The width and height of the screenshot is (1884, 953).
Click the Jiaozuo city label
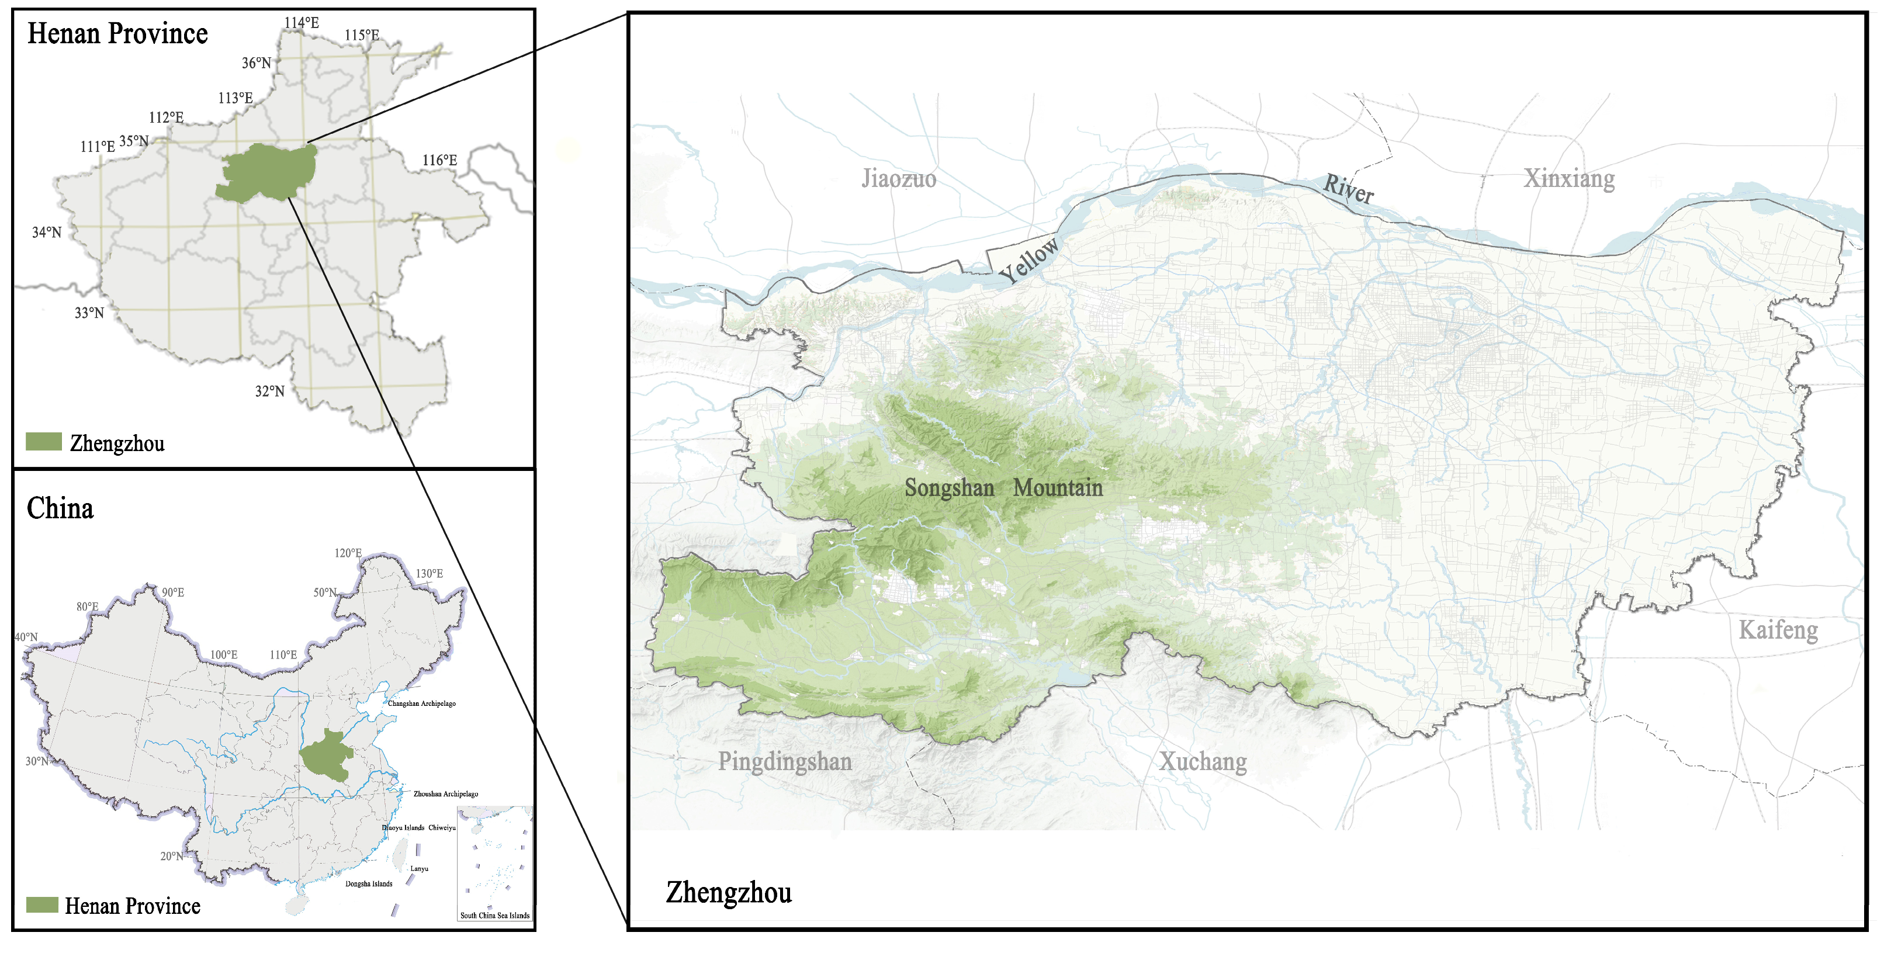point(898,178)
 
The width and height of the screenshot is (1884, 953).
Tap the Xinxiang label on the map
point(1569,178)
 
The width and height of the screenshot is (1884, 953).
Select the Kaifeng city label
point(1778,630)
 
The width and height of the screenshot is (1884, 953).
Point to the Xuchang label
point(1203,761)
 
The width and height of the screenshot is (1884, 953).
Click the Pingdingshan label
point(785,761)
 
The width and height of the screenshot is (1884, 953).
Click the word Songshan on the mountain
point(948,488)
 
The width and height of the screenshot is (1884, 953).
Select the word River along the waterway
point(1348,189)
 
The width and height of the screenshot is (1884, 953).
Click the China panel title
point(60,508)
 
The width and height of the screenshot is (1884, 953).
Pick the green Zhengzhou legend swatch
point(44,442)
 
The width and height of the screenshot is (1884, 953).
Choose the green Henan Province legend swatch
point(43,905)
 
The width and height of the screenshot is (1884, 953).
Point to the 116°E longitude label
point(439,160)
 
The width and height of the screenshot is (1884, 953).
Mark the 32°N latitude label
point(269,391)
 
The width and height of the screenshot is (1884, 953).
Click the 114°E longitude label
point(302,23)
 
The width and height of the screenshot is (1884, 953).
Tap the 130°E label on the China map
point(430,573)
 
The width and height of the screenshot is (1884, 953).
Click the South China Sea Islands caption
point(494,915)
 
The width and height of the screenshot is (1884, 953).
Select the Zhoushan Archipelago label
point(445,793)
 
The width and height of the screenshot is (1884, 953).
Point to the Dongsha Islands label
point(369,883)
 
